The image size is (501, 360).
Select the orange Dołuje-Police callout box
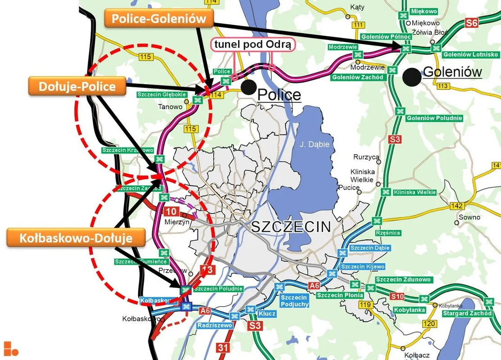point(78,86)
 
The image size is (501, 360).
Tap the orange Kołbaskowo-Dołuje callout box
point(76,238)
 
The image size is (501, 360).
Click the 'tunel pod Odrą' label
point(253,45)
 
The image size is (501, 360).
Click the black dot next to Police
point(247,87)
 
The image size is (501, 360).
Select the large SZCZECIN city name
point(291,227)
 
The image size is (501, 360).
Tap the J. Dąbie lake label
point(315,144)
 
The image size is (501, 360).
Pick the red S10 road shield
point(397,296)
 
